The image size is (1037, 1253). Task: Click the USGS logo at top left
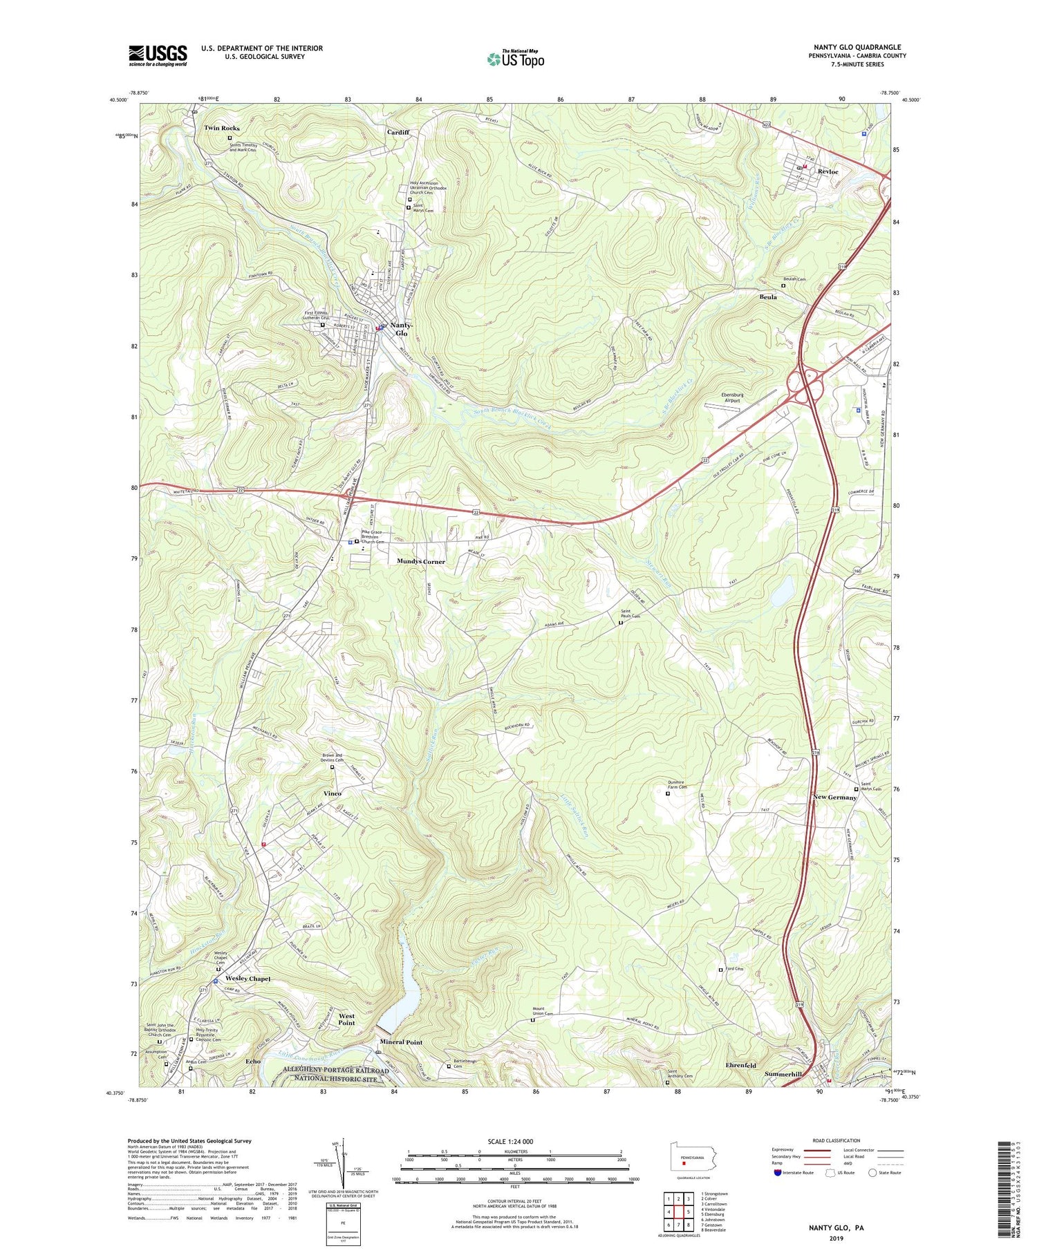158,55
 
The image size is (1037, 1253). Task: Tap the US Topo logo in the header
515,59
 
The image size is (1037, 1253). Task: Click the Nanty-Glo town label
402,329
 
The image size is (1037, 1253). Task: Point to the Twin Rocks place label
222,129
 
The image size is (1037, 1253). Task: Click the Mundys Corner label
421,562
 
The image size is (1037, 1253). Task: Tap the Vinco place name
333,793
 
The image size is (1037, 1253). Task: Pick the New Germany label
834,798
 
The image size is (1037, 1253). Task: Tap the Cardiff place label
398,132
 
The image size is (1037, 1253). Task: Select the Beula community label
768,297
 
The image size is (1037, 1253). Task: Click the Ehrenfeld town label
740,1065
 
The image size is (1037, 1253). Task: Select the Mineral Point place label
401,1042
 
